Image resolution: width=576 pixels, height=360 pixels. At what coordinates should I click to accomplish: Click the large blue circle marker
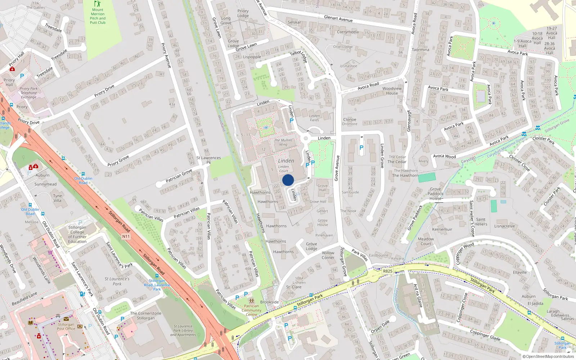point(288,180)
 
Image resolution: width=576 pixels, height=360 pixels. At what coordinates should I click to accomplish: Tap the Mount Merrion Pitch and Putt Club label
point(98,16)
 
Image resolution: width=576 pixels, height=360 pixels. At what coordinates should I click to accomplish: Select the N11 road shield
point(126,237)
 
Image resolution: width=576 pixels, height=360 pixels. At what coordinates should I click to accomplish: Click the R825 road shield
point(388,271)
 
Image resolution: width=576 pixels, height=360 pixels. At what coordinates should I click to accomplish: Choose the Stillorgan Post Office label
point(66,327)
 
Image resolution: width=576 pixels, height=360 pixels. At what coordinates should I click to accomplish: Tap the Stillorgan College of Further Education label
point(77,234)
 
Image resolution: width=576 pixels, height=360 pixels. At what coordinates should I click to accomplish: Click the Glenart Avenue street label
point(338,19)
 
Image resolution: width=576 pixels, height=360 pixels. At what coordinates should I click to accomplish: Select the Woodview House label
point(392,91)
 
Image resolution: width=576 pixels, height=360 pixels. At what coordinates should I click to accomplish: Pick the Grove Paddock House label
point(435,194)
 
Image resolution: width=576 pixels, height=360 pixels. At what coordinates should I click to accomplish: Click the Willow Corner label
point(328,255)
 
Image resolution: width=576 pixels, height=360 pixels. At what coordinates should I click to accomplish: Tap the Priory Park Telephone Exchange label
point(29,93)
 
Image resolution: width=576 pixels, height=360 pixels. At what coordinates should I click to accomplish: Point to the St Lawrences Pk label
point(208,160)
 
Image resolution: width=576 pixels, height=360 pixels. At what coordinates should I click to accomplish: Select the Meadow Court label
point(426,241)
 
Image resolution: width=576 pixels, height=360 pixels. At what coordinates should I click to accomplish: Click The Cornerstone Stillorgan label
point(146,316)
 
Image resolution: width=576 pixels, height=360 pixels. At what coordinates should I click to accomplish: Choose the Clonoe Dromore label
point(350,122)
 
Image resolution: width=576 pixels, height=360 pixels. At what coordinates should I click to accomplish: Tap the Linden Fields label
point(314,118)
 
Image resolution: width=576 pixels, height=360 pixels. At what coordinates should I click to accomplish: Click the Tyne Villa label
point(58,198)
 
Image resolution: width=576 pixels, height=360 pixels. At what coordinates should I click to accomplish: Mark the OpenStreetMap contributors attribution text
point(548,356)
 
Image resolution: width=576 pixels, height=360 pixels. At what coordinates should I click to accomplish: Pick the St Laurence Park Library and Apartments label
point(183,330)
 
